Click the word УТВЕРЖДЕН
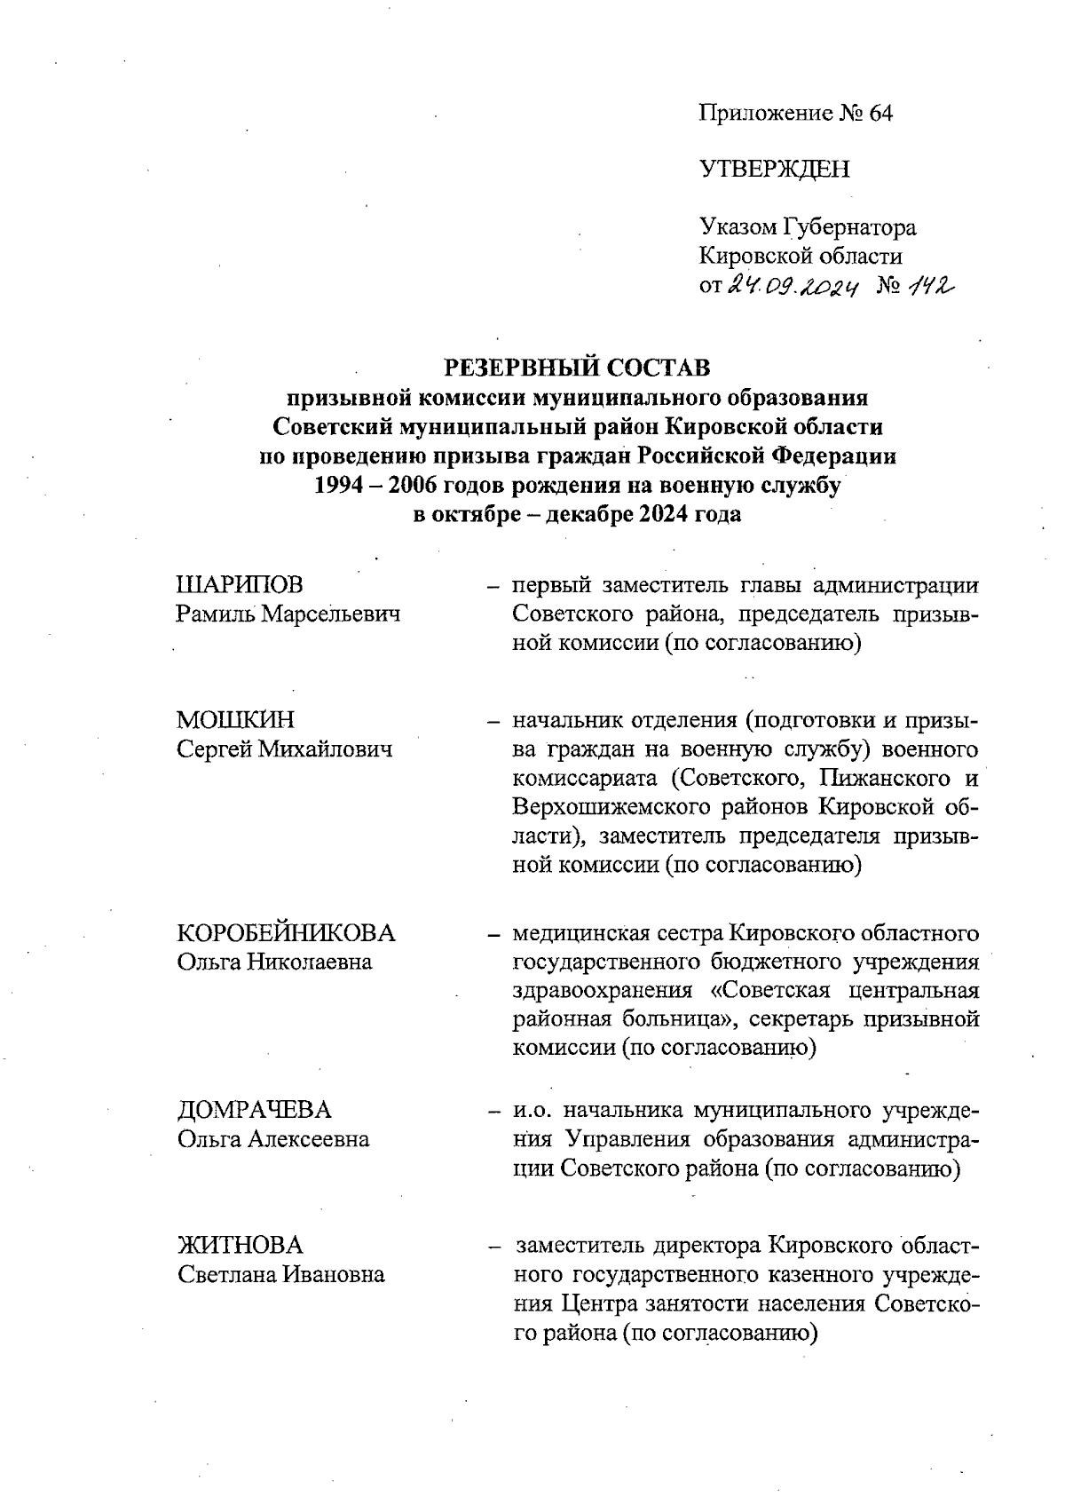point(774,170)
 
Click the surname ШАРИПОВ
point(241,585)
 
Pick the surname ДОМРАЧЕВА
point(255,1110)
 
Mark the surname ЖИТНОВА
point(241,1245)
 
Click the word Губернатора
point(850,228)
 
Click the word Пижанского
point(881,779)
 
